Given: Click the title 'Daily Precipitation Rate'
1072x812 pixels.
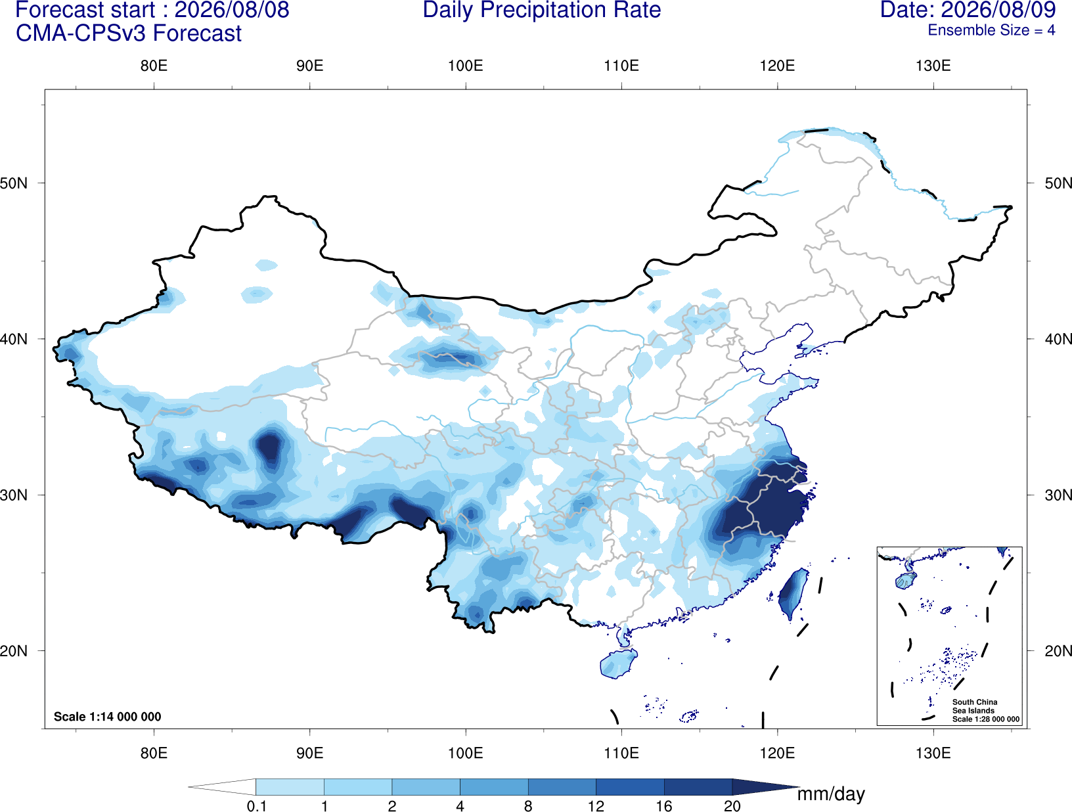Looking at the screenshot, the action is (542, 10).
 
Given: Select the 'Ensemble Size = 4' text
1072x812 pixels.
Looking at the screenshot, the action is (991, 30).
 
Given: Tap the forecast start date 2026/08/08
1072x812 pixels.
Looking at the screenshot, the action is (232, 10).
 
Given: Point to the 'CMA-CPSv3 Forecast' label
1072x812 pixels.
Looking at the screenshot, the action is (129, 34).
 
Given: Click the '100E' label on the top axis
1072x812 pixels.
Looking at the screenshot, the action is (466, 66).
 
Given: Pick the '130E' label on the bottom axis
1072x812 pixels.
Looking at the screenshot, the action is (933, 753).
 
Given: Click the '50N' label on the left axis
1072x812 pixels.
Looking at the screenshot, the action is (14, 183).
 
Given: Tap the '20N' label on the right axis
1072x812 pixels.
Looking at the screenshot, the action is (1058, 651).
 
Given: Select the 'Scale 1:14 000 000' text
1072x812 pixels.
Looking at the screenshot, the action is (108, 716).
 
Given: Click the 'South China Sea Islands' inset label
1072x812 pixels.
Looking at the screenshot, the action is (975, 706).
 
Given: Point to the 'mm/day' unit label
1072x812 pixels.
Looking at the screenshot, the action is (831, 794).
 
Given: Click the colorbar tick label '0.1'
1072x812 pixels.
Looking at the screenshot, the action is (256, 806).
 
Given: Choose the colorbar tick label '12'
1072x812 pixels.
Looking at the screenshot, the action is (596, 806).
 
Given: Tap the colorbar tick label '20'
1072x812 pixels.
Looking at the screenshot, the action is (732, 806).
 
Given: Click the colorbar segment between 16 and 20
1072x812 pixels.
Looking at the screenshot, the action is (698, 786).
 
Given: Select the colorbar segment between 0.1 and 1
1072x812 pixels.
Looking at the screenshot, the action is (290, 786).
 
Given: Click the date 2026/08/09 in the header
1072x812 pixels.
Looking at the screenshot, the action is (998, 10).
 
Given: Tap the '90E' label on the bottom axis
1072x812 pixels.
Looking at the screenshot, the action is (309, 753).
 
